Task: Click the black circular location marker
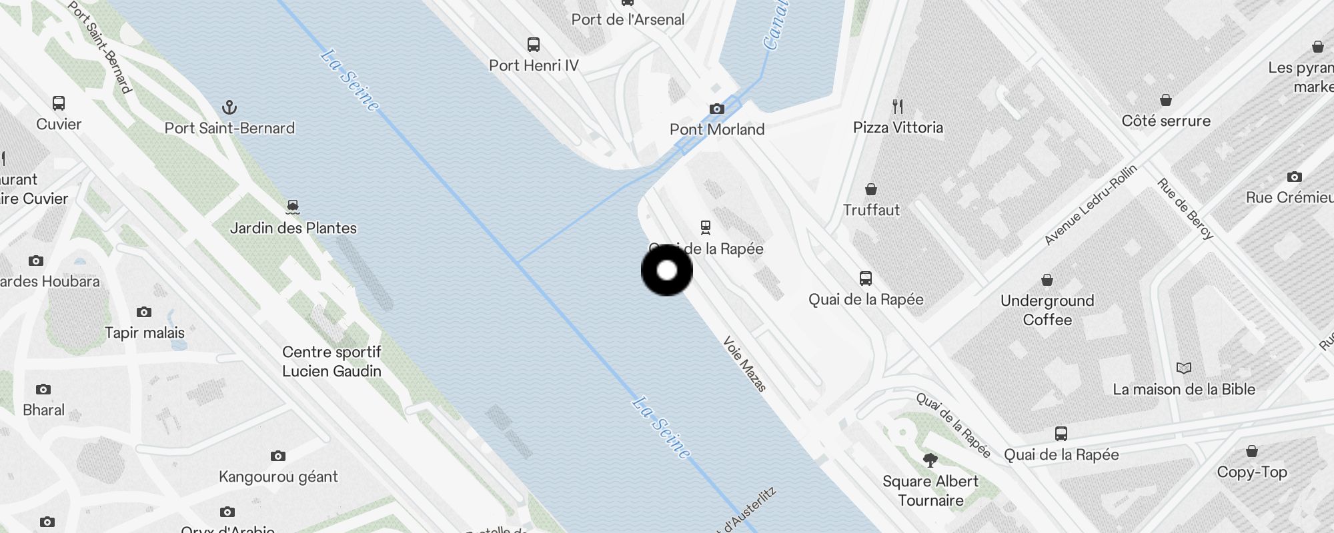click(x=667, y=270)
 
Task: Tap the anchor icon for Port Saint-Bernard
click(x=229, y=107)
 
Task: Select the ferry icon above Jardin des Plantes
click(x=293, y=207)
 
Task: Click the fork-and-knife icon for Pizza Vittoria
click(x=898, y=107)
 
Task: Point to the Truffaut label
click(x=871, y=210)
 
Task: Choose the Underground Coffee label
click(x=1047, y=310)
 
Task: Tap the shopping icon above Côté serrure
click(x=1166, y=100)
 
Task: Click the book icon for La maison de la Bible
click(x=1184, y=368)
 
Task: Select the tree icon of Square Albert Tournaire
click(x=930, y=460)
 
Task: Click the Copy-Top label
click(x=1252, y=472)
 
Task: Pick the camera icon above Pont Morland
click(x=716, y=109)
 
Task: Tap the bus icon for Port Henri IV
click(x=534, y=45)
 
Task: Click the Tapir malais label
click(x=145, y=332)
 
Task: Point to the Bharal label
click(x=44, y=410)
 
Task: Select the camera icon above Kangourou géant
click(x=278, y=456)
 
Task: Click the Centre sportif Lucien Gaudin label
click(x=331, y=361)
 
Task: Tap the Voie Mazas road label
click(x=745, y=364)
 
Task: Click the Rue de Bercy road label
click(x=1185, y=209)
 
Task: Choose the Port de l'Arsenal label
click(x=628, y=19)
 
